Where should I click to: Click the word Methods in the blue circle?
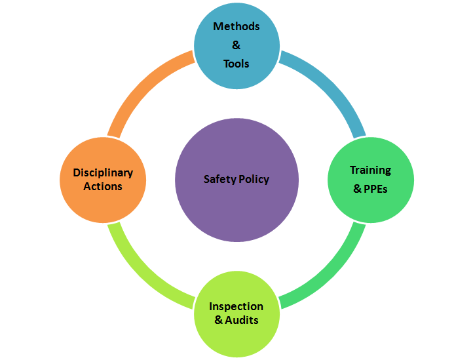coord(236,27)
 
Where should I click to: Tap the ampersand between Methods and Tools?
coord(236,45)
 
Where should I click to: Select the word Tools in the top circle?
coord(236,64)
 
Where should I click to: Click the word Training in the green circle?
coord(370,170)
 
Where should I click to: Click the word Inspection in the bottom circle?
coord(236,306)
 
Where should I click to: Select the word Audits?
coord(242,320)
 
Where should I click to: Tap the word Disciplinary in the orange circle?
coord(103,173)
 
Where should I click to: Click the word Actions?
coord(103,186)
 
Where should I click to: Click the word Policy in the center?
coord(253,179)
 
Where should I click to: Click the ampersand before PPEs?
coord(358,189)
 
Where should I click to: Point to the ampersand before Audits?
coord(219,320)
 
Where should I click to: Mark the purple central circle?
coord(236,210)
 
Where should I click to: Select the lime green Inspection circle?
coord(236,338)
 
